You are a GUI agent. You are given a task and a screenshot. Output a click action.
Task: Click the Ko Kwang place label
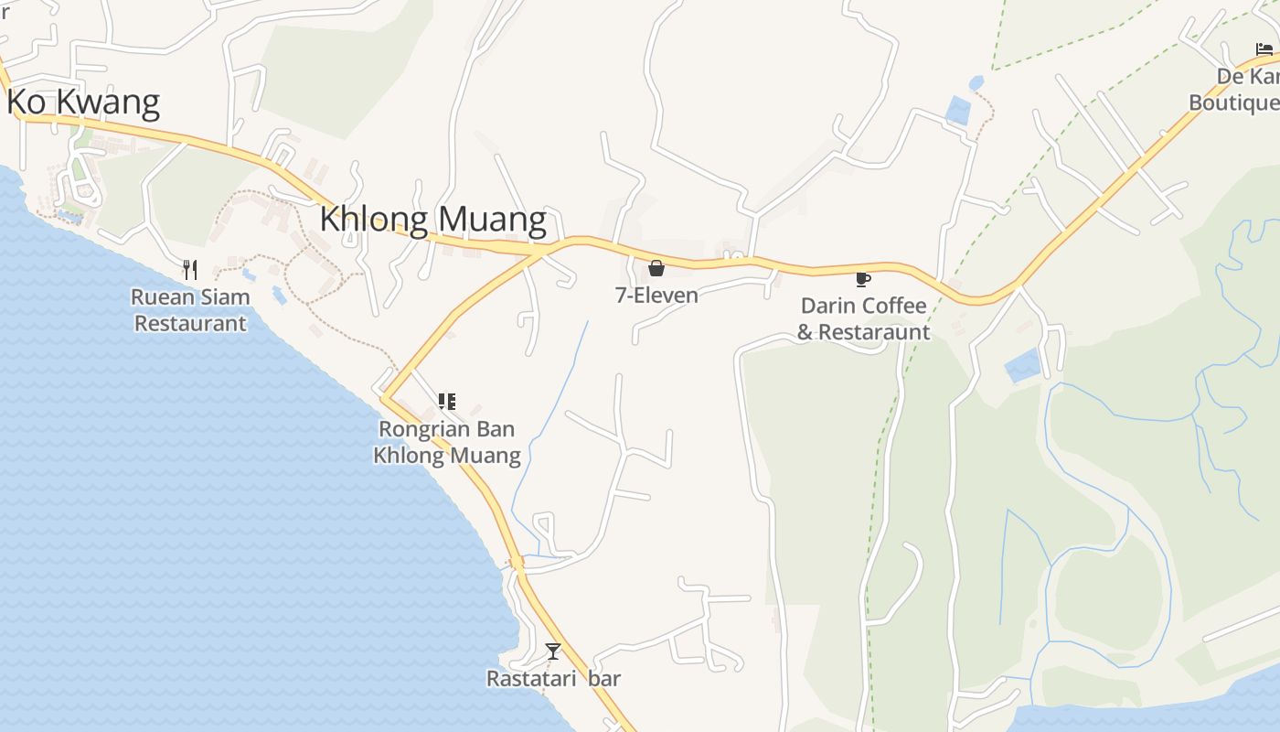coord(83,102)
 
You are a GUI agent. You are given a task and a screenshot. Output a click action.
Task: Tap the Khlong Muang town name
coord(433,220)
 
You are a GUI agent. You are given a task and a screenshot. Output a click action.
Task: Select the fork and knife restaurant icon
coord(190,269)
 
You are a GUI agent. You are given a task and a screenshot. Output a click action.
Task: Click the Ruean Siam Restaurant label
coord(190,310)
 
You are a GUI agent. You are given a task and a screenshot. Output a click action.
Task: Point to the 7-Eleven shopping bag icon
coord(656,268)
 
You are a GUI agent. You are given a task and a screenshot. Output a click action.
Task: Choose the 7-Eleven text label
coord(656,296)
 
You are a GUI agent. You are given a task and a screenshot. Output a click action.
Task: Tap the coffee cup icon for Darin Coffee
coord(862,279)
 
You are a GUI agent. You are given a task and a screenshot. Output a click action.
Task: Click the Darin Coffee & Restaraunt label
coord(863,318)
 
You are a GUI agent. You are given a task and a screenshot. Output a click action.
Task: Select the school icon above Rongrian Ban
coord(446,402)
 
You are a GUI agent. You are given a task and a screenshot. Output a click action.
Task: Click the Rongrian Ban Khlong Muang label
coord(447,442)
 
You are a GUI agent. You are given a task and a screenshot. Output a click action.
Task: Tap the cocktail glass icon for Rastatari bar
coord(552,651)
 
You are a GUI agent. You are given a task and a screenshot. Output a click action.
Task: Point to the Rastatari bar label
coord(553,679)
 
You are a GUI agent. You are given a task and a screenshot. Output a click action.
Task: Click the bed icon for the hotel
coord(1264,49)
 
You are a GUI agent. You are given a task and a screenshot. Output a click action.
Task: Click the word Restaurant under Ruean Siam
coord(190,324)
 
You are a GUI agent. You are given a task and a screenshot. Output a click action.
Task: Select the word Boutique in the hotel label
coord(1233,102)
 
